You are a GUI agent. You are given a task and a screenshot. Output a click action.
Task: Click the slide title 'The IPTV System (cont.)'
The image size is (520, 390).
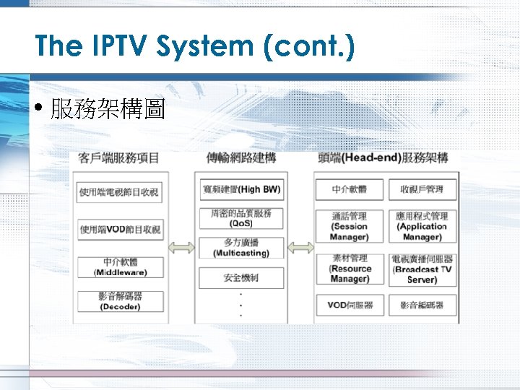(195, 47)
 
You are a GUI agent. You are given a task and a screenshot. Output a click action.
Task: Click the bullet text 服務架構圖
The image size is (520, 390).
(108, 109)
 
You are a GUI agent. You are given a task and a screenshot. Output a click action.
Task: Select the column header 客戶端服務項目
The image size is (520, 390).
(119, 157)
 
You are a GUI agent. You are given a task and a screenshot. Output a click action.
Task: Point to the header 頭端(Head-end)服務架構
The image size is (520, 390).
(383, 157)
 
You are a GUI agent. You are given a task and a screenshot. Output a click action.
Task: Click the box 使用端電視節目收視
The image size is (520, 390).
(121, 192)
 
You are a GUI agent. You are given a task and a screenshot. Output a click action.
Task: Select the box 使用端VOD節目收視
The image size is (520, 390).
(121, 230)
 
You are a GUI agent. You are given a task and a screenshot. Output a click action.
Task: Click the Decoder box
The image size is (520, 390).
(121, 301)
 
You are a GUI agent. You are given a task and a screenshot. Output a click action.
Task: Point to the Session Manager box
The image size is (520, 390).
(350, 226)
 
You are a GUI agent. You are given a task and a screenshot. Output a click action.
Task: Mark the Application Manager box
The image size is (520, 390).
(422, 226)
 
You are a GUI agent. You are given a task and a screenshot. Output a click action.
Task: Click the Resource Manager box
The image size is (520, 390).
(350, 269)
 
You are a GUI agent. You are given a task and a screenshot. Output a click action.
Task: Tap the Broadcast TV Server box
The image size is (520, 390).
(422, 269)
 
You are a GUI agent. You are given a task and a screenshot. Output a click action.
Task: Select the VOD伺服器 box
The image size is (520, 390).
(350, 305)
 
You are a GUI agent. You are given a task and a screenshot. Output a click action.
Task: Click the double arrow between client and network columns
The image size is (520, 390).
(181, 248)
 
